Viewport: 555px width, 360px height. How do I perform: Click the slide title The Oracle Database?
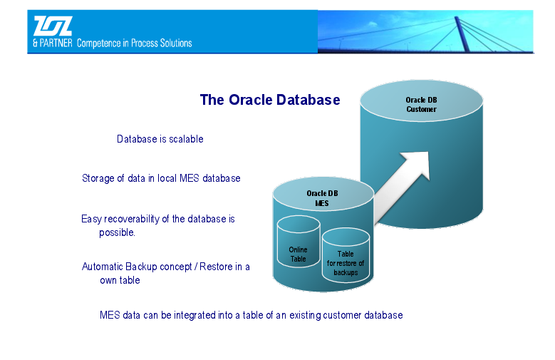[270, 100]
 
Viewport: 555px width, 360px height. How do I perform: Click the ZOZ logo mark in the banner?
[53, 26]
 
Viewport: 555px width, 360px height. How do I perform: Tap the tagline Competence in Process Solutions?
[135, 43]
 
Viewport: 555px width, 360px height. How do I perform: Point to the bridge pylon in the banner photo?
[462, 34]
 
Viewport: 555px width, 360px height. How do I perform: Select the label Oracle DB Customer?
[421, 105]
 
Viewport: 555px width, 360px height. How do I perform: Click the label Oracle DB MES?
[322, 198]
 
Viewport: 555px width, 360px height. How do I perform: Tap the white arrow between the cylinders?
[402, 187]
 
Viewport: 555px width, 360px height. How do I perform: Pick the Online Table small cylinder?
[299, 241]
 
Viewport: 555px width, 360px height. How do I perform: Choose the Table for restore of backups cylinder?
[346, 255]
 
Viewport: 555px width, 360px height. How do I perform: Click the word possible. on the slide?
[117, 232]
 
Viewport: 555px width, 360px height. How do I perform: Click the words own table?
[120, 280]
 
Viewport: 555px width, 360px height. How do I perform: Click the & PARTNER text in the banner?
[53, 43]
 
